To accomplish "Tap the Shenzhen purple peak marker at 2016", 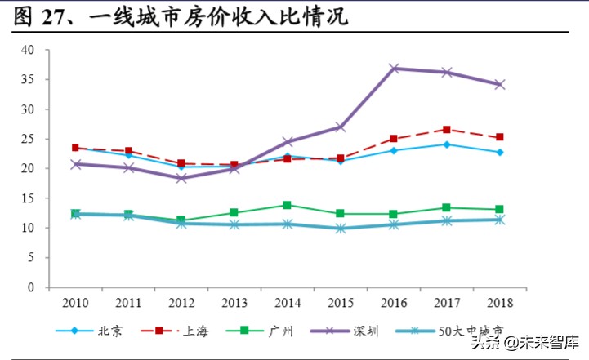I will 394,69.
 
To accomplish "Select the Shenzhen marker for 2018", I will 499,84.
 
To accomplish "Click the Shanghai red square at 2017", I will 446,130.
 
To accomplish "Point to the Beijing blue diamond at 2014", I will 288,156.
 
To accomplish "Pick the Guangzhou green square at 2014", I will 288,205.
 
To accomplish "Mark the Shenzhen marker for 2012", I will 181,178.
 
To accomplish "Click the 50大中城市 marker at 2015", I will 341,229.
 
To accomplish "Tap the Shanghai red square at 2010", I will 76,148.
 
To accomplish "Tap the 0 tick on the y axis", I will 31,287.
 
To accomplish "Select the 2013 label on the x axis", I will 234,303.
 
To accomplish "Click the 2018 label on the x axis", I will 499,303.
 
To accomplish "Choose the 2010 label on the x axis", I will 76,303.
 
